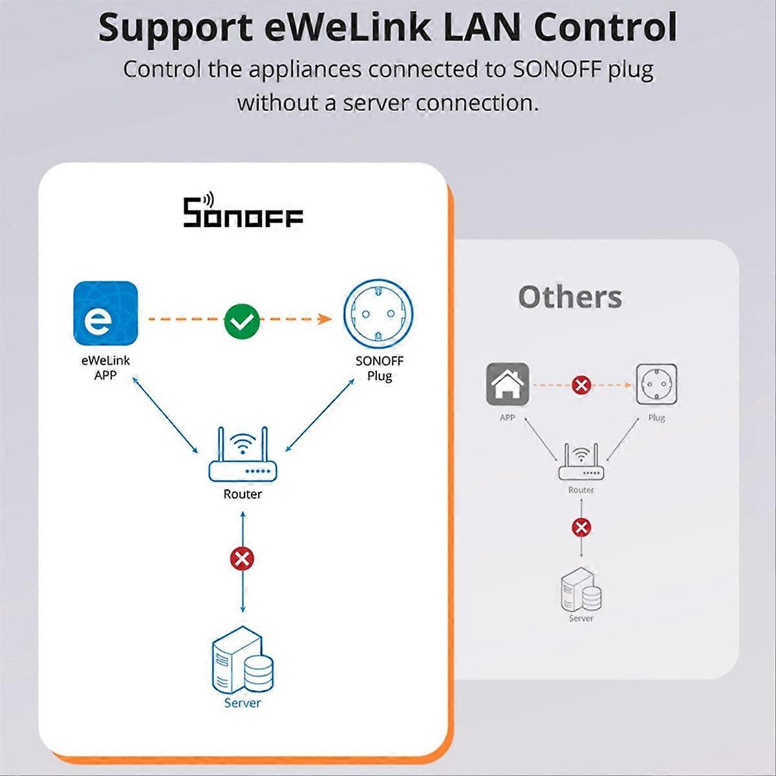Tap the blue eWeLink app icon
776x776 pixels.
105,314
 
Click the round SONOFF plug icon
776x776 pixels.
378,315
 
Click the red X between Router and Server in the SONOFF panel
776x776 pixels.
242,559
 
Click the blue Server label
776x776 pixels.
242,703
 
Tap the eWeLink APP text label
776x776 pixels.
105,367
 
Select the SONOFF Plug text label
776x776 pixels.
380,368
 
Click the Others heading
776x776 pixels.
570,297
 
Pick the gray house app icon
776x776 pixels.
508,384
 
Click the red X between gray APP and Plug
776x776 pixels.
581,385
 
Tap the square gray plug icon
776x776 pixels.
656,384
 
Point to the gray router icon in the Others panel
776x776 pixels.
581,462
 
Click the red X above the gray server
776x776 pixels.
581,528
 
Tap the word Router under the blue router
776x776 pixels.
242,495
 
